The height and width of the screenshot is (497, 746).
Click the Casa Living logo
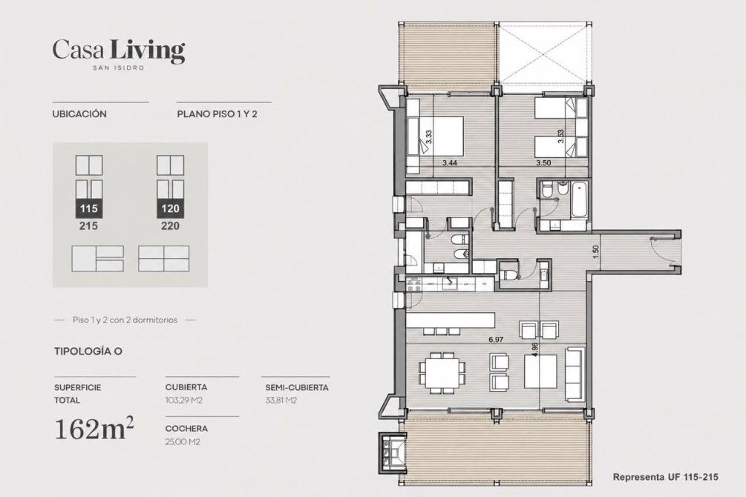pos(119,54)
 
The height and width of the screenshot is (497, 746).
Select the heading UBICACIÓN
pos(79,114)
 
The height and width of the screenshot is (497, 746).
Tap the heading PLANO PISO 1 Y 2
pos(217,114)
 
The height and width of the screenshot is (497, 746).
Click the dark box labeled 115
pos(89,208)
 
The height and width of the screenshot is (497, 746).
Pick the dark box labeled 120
pos(170,208)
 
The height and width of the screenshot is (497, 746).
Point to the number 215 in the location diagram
pos(89,226)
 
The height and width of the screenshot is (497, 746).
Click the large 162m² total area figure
pos(94,429)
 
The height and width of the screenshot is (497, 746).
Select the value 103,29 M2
pos(184,401)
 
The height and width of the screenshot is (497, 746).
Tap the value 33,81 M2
pos(281,401)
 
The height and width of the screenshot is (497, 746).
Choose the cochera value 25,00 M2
pos(183,442)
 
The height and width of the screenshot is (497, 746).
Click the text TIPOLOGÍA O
pos(88,352)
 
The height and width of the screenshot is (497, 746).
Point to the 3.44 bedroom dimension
pos(450,162)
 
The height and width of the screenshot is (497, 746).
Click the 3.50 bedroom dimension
pos(543,162)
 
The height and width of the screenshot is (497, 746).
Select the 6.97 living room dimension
pos(496,340)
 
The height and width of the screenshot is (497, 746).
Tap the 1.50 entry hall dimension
pos(596,251)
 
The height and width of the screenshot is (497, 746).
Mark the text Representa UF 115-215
pos(666,477)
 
